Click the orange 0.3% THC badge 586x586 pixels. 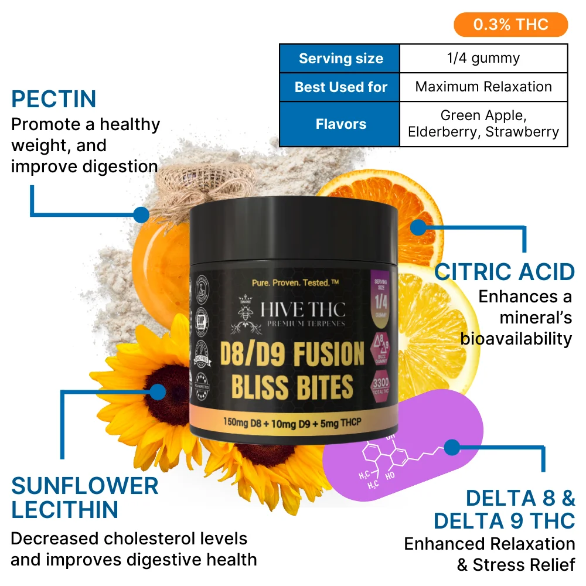coord(510,25)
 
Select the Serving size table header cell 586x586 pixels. coord(340,59)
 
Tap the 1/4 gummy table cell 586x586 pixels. coord(483,59)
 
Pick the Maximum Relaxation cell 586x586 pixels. coord(483,87)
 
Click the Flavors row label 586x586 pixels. coord(340,124)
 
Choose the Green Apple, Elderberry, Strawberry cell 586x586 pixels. coord(483,124)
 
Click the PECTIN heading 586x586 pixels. coord(54,99)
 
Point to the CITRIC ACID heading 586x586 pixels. coord(505,272)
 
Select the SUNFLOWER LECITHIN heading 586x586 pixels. coord(84,498)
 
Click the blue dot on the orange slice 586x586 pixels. coord(418,226)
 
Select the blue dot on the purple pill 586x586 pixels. coord(451,448)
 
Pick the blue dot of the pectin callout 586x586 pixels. coord(141,214)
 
